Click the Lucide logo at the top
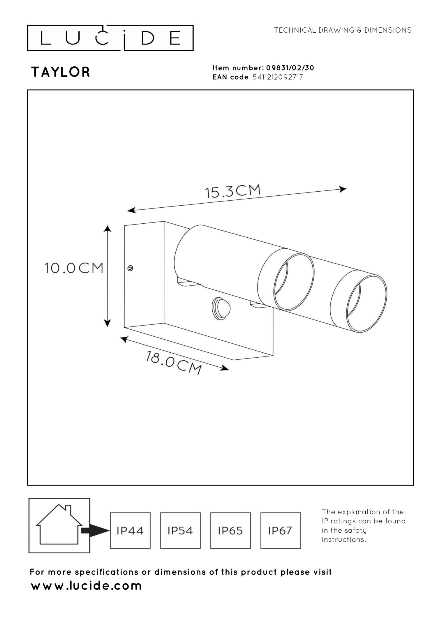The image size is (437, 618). [110, 38]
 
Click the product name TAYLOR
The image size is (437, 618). [61, 72]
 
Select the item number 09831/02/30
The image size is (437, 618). [290, 68]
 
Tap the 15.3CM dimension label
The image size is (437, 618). [232, 191]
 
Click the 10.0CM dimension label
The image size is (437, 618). [74, 268]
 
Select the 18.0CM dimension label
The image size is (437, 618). [174, 363]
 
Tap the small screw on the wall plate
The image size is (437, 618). [130, 268]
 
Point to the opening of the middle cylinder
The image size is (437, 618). [294, 282]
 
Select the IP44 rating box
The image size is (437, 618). [130, 531]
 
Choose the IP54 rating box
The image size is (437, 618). [180, 531]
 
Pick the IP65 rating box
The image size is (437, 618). [230, 531]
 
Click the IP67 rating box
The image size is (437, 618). [280, 531]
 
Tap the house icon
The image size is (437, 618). [59, 525]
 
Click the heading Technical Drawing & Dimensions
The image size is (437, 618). [343, 30]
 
